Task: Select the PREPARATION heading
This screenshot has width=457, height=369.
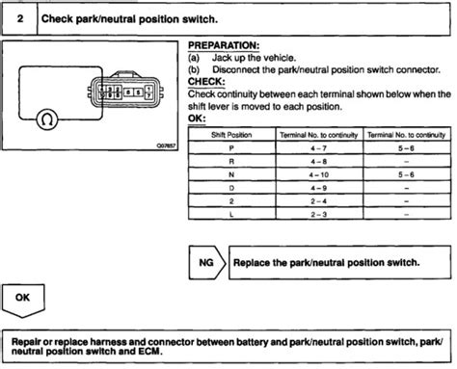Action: [x=223, y=45]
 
